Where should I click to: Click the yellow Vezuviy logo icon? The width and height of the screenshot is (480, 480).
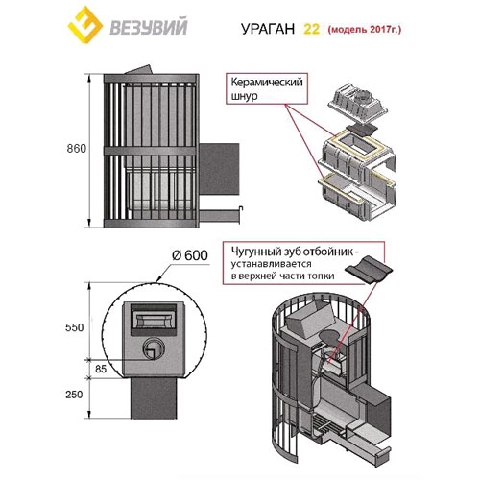pyautogui.click(x=85, y=25)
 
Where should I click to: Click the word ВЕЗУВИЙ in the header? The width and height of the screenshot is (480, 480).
pyautogui.click(x=149, y=27)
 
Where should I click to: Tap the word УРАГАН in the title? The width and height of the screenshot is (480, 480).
pyautogui.click(x=268, y=29)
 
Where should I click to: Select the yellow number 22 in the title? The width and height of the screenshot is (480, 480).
pyautogui.click(x=311, y=29)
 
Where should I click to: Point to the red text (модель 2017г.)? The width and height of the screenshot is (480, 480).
pyautogui.click(x=365, y=30)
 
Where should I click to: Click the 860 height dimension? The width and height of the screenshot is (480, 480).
pyautogui.click(x=77, y=149)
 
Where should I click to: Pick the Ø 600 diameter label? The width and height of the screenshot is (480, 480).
pyautogui.click(x=190, y=255)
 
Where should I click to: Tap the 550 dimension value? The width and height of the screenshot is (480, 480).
pyautogui.click(x=74, y=327)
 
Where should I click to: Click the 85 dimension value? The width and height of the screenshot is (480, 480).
pyautogui.click(x=101, y=369)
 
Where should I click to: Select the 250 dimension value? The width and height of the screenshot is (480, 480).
pyautogui.click(x=74, y=395)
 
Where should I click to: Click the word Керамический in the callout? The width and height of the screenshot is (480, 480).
pyautogui.click(x=267, y=83)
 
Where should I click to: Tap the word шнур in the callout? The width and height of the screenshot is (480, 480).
pyautogui.click(x=244, y=96)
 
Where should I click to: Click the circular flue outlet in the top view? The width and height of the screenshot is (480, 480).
pyautogui.click(x=154, y=348)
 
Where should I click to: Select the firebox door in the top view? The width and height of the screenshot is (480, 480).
pyautogui.click(x=154, y=319)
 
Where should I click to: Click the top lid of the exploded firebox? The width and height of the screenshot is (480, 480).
pyautogui.click(x=358, y=104)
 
